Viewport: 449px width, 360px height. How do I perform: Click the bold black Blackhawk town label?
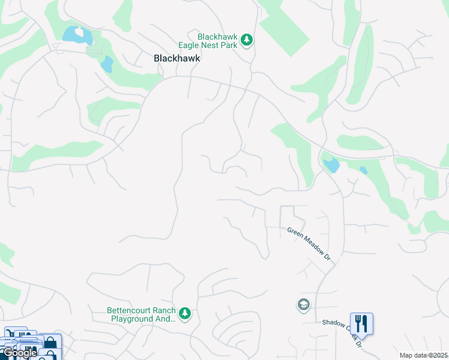pos(176,59)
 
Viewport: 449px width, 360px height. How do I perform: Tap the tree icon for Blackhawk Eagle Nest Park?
pos(246,40)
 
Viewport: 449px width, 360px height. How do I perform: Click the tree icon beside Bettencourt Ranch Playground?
pos(185,314)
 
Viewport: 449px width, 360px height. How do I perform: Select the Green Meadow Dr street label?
pos(309,243)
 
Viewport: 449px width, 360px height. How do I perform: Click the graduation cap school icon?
pos(304,305)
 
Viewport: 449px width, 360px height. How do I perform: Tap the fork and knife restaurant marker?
pos(361,323)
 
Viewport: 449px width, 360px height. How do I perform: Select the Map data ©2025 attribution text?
pos(424,355)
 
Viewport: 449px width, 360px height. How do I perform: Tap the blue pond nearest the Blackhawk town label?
pos(107,64)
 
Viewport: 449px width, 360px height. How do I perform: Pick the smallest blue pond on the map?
pos(364,171)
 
